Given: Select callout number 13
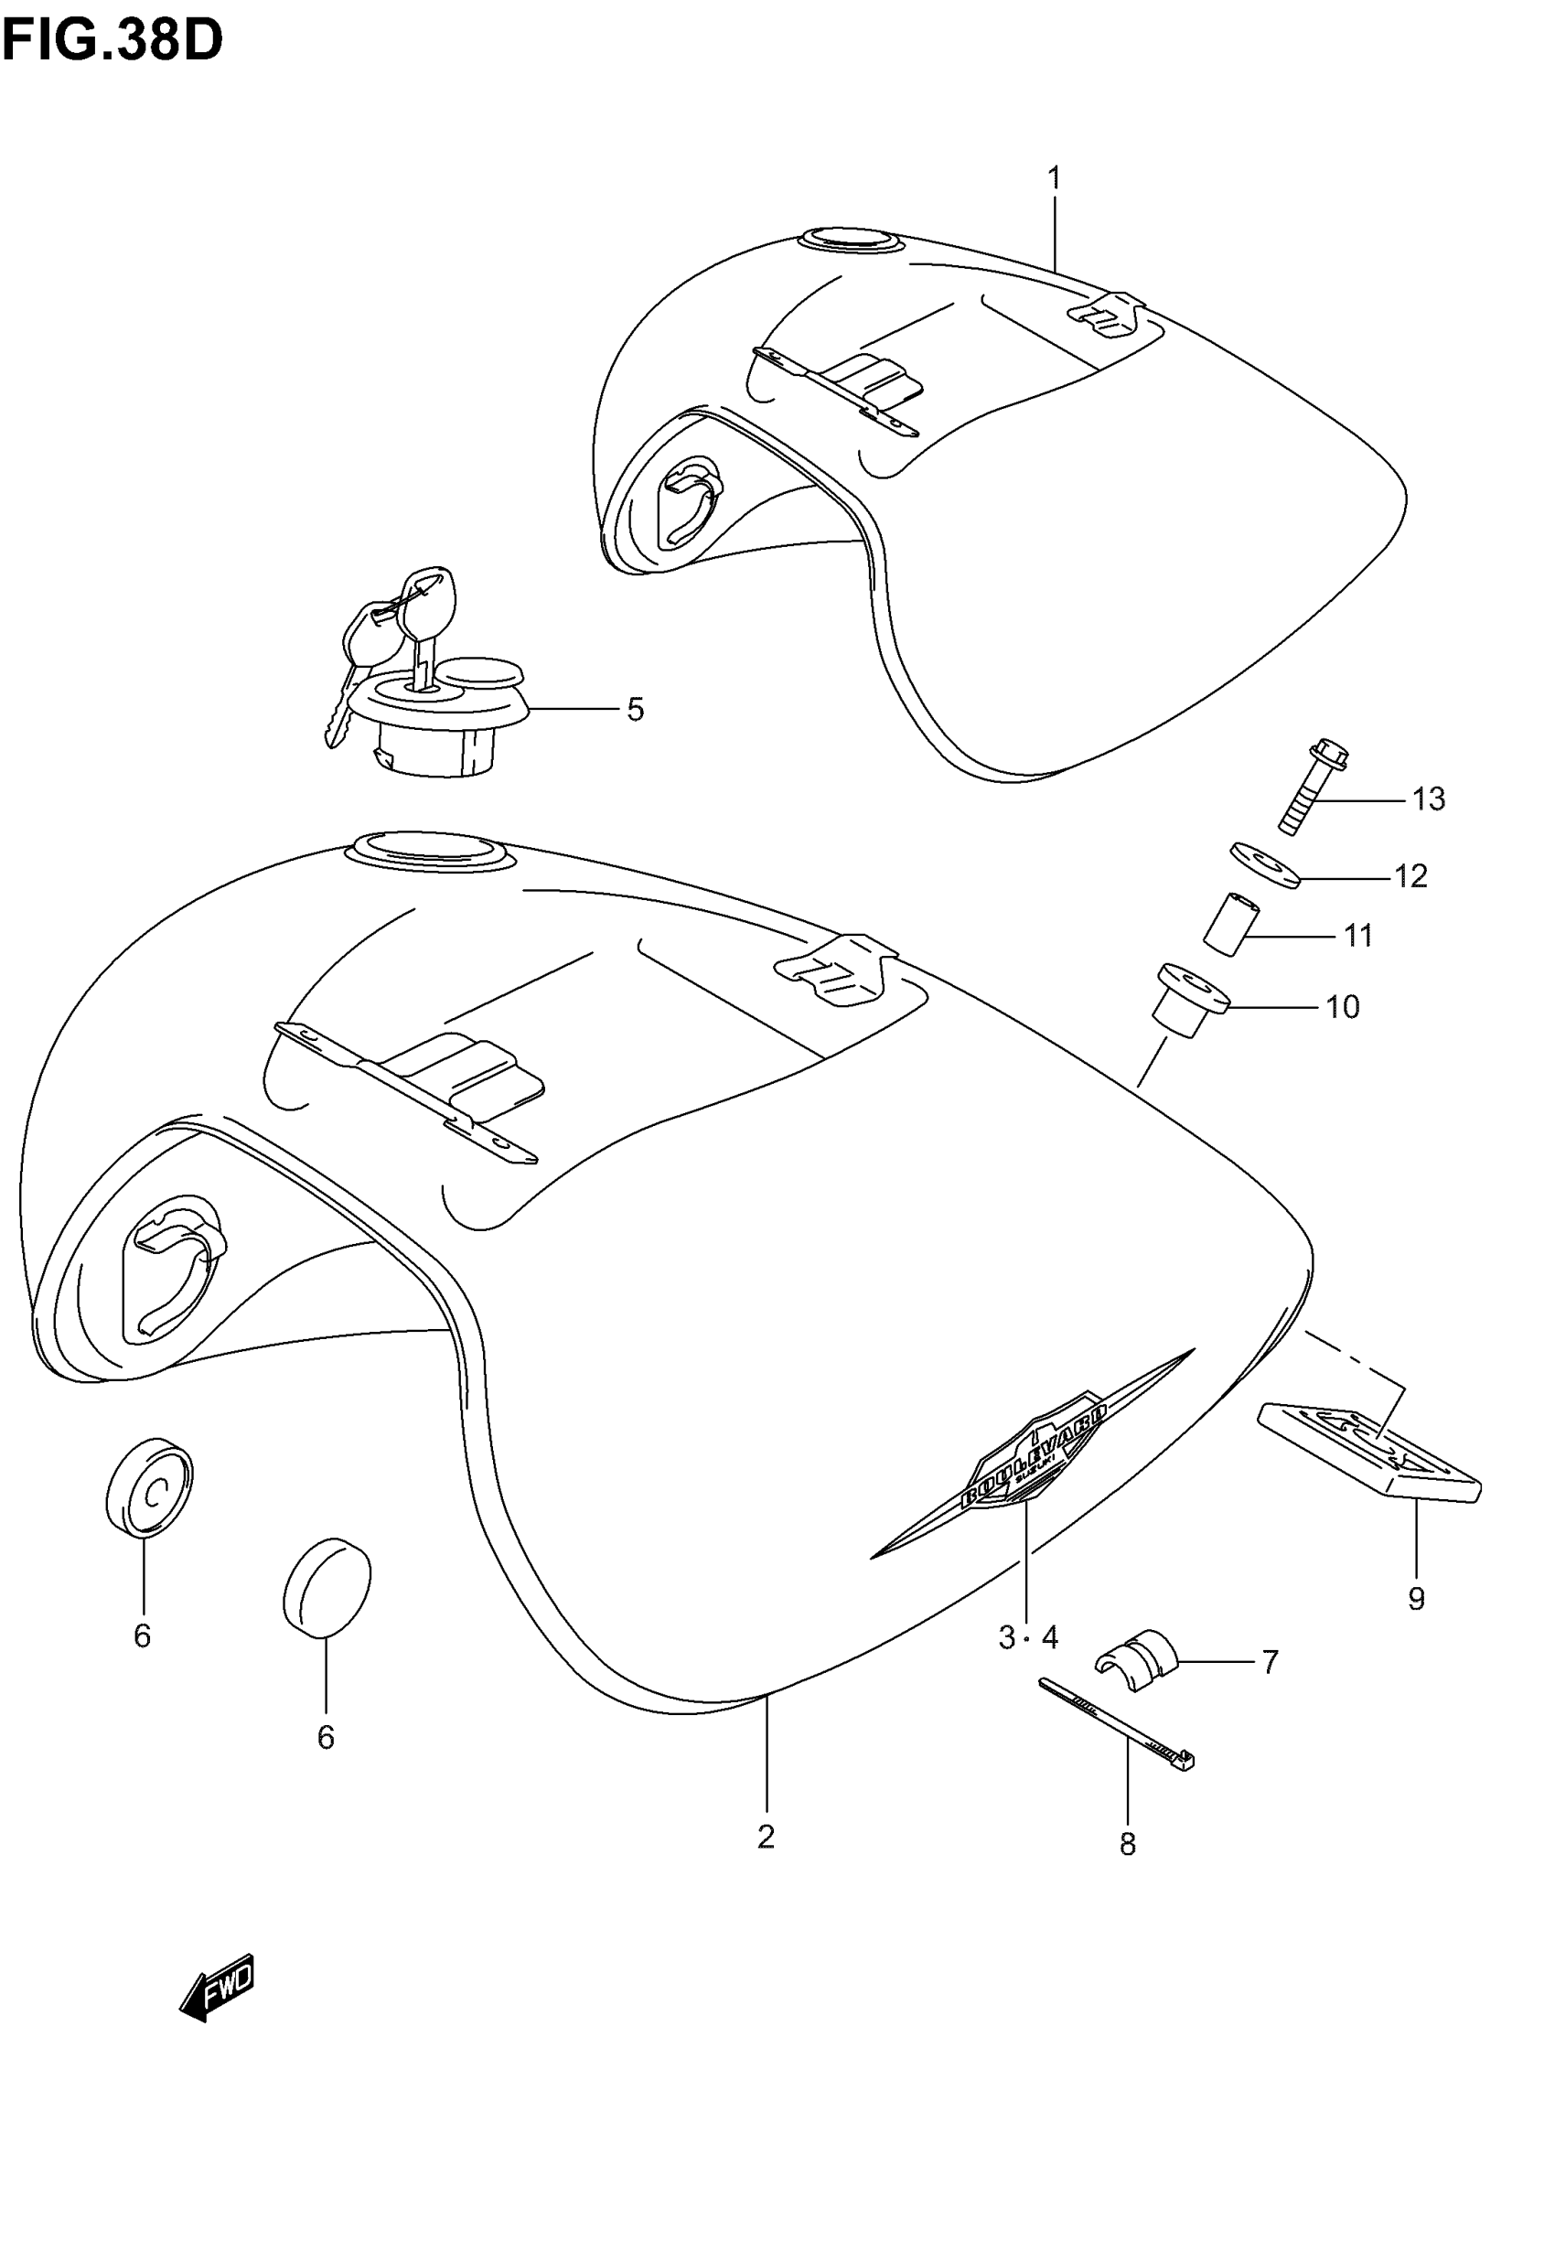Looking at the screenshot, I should pyautogui.click(x=1429, y=799).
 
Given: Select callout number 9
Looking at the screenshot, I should pyautogui.click(x=1416, y=1598).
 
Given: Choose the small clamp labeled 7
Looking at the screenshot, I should pyautogui.click(x=1137, y=1657).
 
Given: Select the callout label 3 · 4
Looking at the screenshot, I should pyautogui.click(x=1028, y=1637).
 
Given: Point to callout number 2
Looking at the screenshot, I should pyautogui.click(x=766, y=1836).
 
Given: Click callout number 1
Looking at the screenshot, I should pyautogui.click(x=1053, y=179).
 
